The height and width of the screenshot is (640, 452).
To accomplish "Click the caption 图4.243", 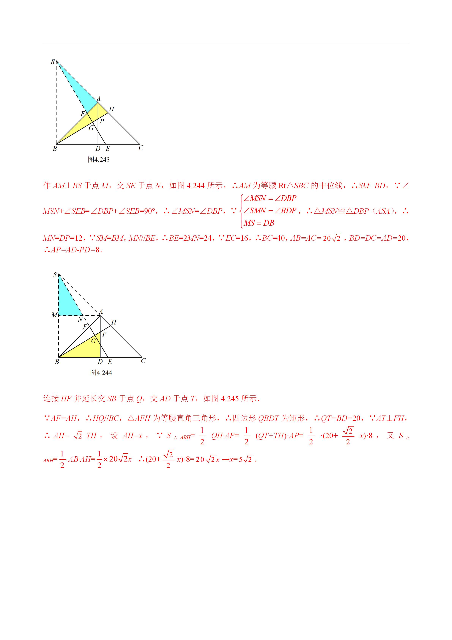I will [99, 160].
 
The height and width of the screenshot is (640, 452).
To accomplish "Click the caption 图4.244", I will [101, 373].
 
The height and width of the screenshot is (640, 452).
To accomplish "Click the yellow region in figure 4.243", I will [84, 123].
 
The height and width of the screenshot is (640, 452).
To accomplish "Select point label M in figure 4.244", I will [54, 315].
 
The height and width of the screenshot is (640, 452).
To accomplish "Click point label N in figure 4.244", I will [80, 320].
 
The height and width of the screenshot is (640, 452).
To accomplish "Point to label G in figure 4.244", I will [94, 341].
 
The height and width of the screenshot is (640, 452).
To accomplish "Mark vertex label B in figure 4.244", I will [57, 362].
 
